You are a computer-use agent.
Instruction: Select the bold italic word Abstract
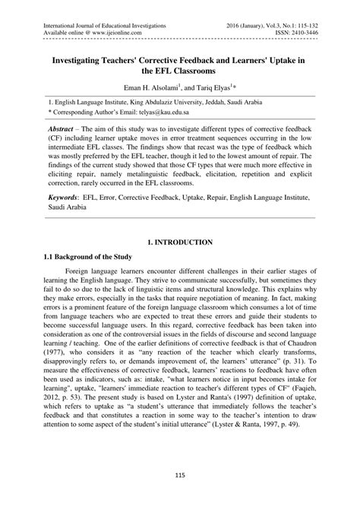65,130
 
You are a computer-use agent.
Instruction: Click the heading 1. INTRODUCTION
180,242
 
